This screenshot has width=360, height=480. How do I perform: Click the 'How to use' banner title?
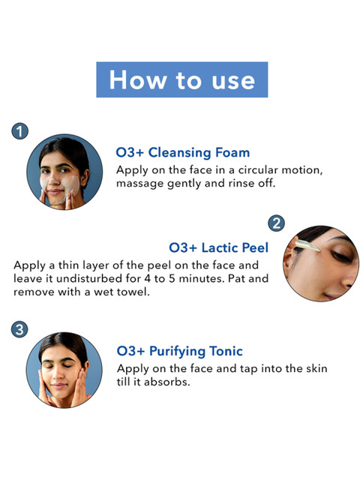[x=181, y=80]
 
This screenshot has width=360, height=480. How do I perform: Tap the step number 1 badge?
[x=20, y=131]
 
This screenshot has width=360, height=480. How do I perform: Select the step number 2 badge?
[x=276, y=223]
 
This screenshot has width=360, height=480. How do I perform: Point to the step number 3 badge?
[x=19, y=329]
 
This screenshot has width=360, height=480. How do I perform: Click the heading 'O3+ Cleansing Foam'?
[x=183, y=153]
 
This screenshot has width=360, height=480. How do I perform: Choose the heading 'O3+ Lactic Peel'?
[x=218, y=247]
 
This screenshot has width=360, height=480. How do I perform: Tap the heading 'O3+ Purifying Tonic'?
[x=180, y=352]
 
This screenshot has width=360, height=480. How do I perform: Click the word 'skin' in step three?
[x=318, y=368]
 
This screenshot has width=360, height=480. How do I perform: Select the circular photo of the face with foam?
[x=64, y=172]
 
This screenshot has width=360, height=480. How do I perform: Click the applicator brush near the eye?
[x=307, y=245]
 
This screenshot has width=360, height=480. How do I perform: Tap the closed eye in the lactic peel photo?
[x=341, y=256]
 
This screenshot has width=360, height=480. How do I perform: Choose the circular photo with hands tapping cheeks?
[x=64, y=370]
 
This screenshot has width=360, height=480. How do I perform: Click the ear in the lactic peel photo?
[x=288, y=259]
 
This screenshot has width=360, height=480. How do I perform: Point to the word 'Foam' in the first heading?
[x=232, y=152]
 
